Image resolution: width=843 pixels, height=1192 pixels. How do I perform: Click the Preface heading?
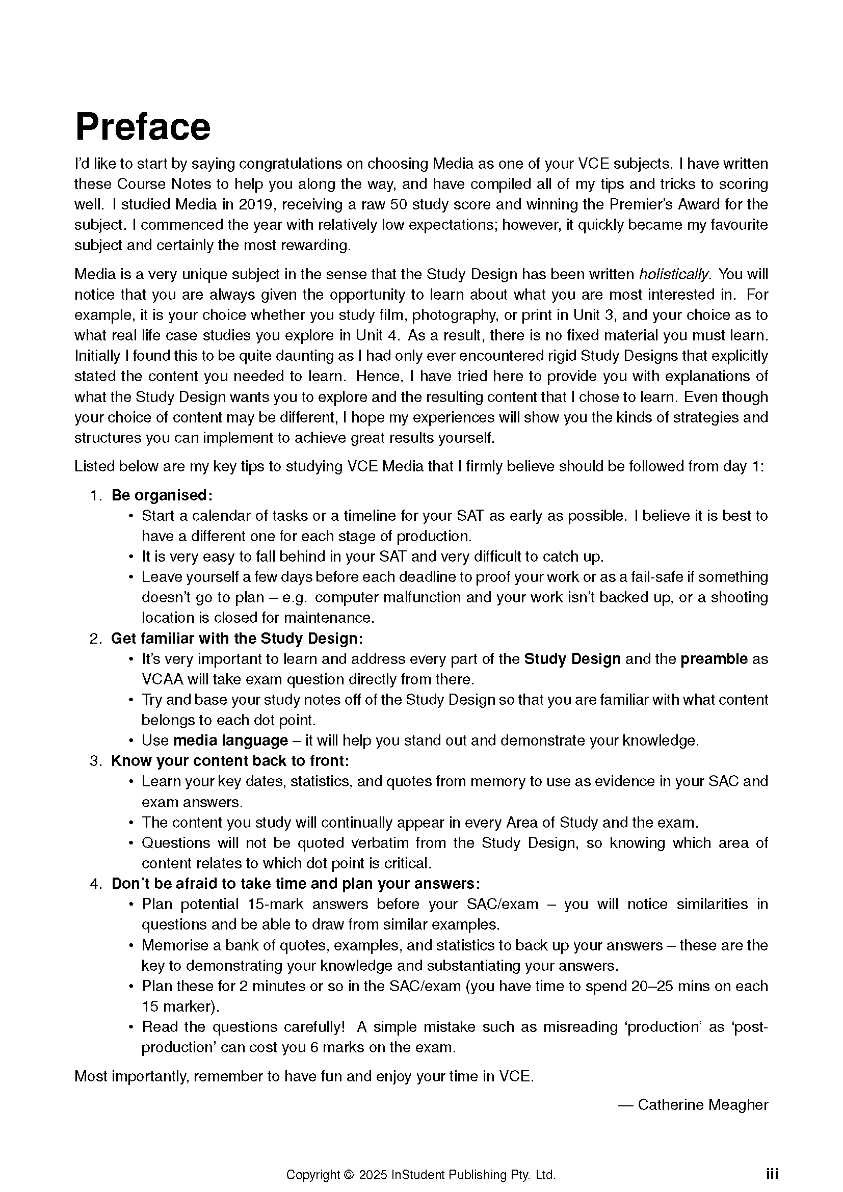click(x=143, y=127)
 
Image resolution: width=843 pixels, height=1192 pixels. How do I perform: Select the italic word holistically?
click(x=674, y=274)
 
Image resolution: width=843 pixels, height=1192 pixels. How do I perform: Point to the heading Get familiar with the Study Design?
click(x=236, y=638)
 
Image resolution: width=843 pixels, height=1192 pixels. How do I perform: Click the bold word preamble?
click(x=714, y=659)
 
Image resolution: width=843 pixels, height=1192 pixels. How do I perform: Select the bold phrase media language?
click(x=230, y=740)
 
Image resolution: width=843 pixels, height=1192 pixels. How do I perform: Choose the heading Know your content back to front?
click(x=230, y=761)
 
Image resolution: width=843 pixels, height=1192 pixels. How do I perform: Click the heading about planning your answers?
click(x=296, y=884)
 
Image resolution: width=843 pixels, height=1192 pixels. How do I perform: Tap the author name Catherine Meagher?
click(x=703, y=1104)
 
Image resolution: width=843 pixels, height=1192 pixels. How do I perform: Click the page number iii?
click(x=772, y=1174)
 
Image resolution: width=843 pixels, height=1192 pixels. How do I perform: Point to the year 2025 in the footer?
click(x=373, y=1175)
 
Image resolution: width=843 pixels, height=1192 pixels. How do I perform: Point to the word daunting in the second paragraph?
click(x=296, y=356)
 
